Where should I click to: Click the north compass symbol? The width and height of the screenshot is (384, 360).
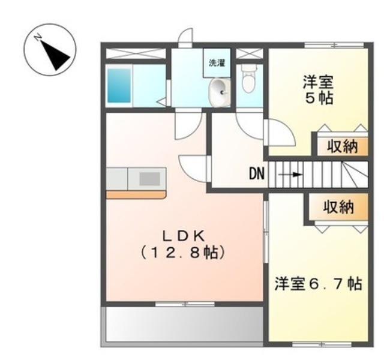(x=50, y=49)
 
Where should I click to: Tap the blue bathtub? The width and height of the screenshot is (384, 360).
(x=119, y=85)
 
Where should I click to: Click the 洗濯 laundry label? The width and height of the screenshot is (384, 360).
(x=217, y=63)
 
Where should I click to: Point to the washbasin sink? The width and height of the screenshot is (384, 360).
(x=220, y=92)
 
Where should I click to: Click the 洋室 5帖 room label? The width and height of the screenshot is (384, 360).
(x=319, y=90)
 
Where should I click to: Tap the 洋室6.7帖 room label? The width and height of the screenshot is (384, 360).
(x=318, y=284)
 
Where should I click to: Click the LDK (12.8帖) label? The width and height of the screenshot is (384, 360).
(x=182, y=244)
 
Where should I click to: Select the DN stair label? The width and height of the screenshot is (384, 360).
(x=257, y=174)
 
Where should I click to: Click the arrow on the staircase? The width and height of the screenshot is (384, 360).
(x=290, y=175)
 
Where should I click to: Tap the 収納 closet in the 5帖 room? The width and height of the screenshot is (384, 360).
(x=343, y=146)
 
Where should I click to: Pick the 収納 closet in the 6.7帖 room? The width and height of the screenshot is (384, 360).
(x=338, y=207)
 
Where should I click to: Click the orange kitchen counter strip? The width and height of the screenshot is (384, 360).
(x=136, y=194)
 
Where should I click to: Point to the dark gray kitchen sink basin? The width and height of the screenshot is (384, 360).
(x=149, y=179)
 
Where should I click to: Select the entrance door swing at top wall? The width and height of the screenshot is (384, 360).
(x=185, y=38)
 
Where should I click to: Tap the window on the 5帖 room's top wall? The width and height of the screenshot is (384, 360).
(x=334, y=46)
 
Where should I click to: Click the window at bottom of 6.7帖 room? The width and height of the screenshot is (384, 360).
(x=322, y=344)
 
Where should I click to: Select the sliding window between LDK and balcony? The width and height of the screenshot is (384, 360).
(x=185, y=304)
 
